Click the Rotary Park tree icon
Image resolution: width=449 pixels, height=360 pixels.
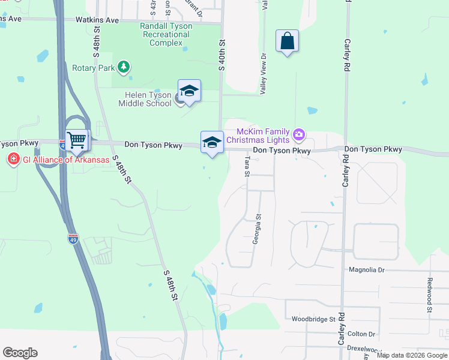[124, 67]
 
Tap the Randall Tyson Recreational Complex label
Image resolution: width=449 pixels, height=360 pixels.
[165, 34]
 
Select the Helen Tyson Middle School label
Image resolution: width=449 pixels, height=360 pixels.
[148, 99]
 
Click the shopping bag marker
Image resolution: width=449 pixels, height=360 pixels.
[288, 41]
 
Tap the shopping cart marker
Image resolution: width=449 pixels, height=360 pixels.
[77, 140]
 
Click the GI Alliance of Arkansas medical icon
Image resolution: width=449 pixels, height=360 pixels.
[13, 159]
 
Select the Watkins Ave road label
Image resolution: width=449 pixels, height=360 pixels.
[97, 20]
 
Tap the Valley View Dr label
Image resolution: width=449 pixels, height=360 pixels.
[264, 73]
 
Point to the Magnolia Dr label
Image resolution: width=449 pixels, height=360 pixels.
[366, 270]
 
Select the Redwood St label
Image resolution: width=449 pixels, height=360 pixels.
[430, 295]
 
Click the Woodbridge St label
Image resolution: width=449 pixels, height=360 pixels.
[313, 319]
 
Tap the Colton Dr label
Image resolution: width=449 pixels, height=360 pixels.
[361, 334]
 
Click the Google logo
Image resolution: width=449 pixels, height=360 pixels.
[20, 353]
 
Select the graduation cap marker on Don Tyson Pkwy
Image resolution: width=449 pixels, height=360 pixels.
[212, 143]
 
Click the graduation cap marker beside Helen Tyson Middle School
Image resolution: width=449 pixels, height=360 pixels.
[189, 91]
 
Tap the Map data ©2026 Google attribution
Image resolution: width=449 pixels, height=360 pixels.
[412, 355]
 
